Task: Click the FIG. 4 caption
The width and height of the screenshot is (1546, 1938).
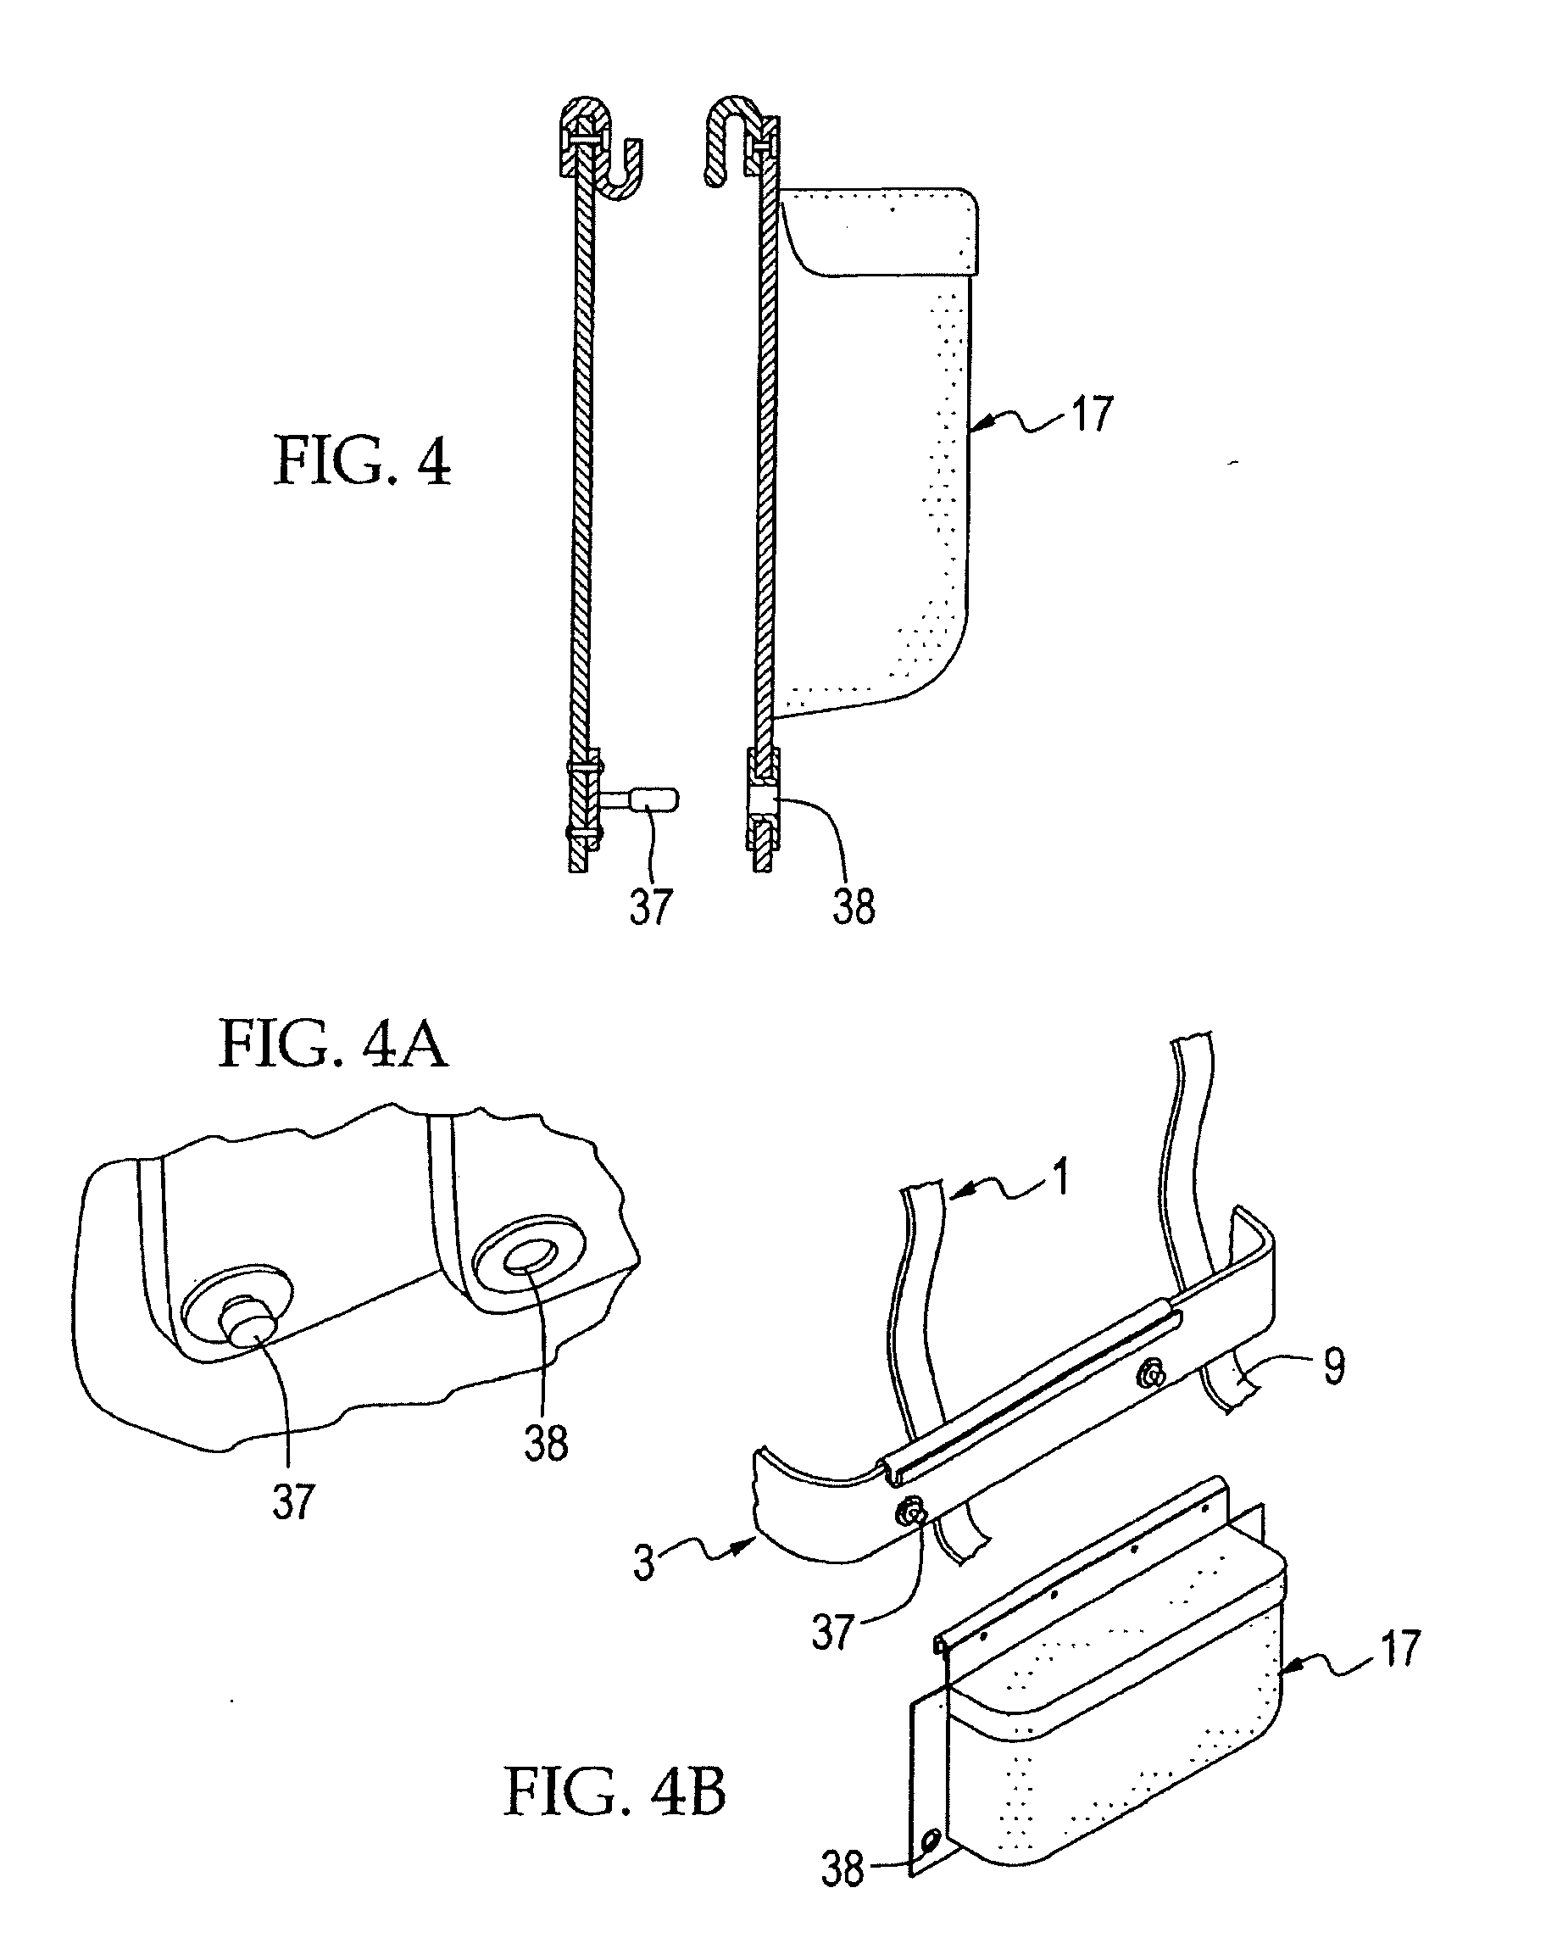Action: tap(362, 460)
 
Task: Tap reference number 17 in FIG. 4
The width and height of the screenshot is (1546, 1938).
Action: tap(1091, 415)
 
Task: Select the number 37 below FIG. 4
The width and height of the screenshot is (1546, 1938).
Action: tap(651, 906)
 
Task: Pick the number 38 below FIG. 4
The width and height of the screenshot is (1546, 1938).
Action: tap(854, 906)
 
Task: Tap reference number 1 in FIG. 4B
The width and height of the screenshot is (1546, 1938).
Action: tap(1061, 1177)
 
